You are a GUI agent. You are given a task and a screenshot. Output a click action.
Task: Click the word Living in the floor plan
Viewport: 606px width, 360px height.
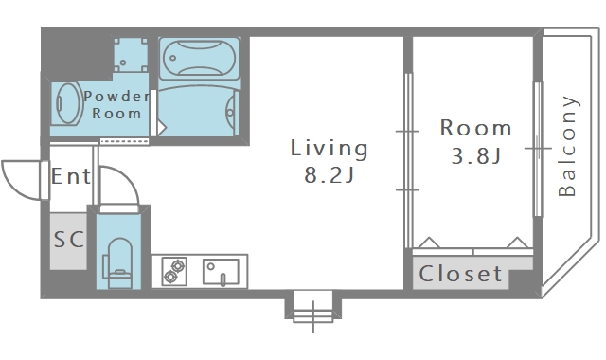point(329,149)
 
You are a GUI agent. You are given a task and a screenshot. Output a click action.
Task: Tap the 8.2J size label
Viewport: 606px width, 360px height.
point(329,174)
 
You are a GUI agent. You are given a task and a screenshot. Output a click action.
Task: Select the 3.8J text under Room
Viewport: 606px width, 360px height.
point(476,155)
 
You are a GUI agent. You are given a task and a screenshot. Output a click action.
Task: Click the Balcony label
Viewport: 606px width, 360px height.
point(567,146)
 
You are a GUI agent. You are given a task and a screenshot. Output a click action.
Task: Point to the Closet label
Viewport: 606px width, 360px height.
point(461,274)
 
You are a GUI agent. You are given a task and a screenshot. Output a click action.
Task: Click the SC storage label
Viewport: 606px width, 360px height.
point(69,240)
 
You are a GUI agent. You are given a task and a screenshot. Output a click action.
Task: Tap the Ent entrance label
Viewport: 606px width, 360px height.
point(71,176)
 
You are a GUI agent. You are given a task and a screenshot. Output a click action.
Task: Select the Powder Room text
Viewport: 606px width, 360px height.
point(116,105)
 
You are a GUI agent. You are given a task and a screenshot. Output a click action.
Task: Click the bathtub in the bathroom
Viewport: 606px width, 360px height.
point(199,59)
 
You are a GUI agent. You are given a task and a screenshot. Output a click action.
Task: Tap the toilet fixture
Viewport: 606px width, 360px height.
point(119,263)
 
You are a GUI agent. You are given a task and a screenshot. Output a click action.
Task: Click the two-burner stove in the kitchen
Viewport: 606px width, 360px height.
point(174,272)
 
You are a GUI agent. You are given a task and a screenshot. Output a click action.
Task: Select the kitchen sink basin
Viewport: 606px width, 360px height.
point(221,272)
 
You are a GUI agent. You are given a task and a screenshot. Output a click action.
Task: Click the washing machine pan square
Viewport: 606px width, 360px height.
point(131,55)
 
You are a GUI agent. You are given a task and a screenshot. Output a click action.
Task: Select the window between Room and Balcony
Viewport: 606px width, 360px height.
point(538,149)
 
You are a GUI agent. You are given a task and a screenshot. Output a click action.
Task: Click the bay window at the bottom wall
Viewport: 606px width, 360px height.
point(313,307)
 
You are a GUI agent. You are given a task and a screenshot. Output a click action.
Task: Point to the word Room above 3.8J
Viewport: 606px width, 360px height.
point(476,128)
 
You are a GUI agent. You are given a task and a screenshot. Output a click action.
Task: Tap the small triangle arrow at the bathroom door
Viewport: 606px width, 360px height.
point(162,127)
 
